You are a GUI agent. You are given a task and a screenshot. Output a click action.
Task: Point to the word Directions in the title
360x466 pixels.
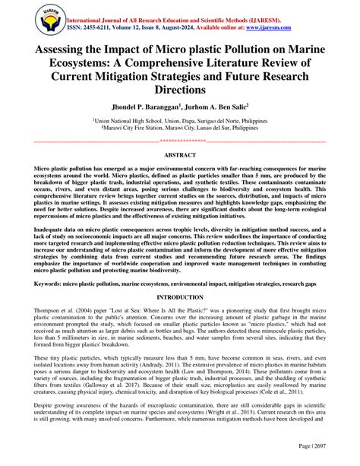(x=180, y=89)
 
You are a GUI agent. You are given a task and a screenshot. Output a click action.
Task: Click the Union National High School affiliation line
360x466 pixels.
(x=180, y=120)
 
